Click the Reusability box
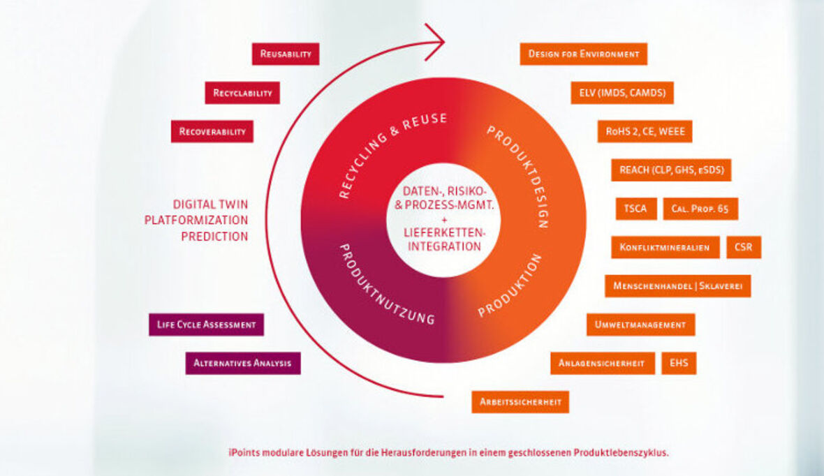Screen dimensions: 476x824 pyautogui.click(x=286, y=54)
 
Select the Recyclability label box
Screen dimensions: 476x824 pyautogui.click(x=242, y=93)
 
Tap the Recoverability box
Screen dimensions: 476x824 pyautogui.click(x=212, y=131)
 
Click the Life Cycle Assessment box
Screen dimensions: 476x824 pyautogui.click(x=206, y=325)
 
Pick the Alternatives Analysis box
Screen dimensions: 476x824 pyautogui.click(x=243, y=363)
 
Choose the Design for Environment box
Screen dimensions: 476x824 pyautogui.click(x=584, y=54)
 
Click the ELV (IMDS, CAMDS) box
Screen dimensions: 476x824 pyautogui.click(x=622, y=93)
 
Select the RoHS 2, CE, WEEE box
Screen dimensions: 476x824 pyautogui.click(x=645, y=131)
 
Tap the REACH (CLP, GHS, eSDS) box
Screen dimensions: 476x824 pyautogui.click(x=671, y=170)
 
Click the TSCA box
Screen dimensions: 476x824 pyautogui.click(x=636, y=209)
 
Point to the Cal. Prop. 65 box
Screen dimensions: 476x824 pyautogui.click(x=700, y=209)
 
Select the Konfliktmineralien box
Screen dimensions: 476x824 pyautogui.click(x=665, y=247)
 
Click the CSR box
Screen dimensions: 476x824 pyautogui.click(x=744, y=247)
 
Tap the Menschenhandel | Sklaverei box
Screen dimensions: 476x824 pyautogui.click(x=677, y=285)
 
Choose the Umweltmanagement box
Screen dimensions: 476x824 pyautogui.click(x=641, y=325)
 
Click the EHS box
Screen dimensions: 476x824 pyautogui.click(x=679, y=363)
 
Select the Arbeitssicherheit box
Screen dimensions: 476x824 pyautogui.click(x=520, y=401)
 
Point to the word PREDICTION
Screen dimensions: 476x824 pyautogui.click(x=214, y=237)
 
